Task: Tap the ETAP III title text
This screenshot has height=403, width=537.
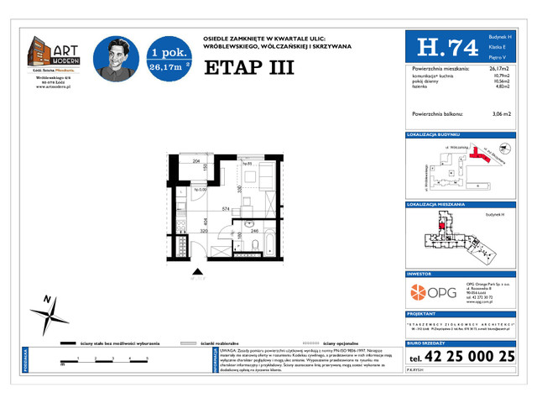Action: pyautogui.click(x=248, y=67)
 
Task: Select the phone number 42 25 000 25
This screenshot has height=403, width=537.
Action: pyautogui.click(x=471, y=356)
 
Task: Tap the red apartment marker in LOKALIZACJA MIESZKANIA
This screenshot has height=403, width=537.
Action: pyautogui.click(x=441, y=226)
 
